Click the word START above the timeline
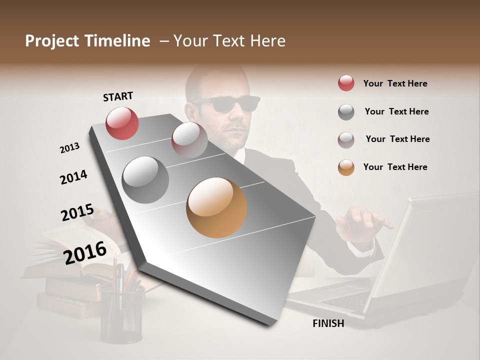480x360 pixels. click(x=118, y=96)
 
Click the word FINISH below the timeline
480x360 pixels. click(x=328, y=323)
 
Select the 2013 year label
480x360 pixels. click(x=69, y=148)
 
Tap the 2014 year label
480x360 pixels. click(x=73, y=177)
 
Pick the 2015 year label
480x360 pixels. click(x=77, y=212)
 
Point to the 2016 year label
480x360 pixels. click(x=85, y=252)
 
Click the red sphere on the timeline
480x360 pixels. click(x=122, y=123)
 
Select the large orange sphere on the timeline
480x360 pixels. click(x=216, y=207)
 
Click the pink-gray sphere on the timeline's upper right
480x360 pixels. click(x=189, y=140)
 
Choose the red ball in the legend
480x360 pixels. click(x=346, y=83)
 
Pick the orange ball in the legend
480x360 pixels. click(x=346, y=167)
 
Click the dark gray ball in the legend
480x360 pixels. click(x=346, y=111)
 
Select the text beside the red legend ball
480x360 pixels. click(x=395, y=83)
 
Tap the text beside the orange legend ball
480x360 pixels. click(x=395, y=167)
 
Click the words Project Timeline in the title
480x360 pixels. click(x=87, y=41)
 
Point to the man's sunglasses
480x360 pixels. click(x=226, y=104)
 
